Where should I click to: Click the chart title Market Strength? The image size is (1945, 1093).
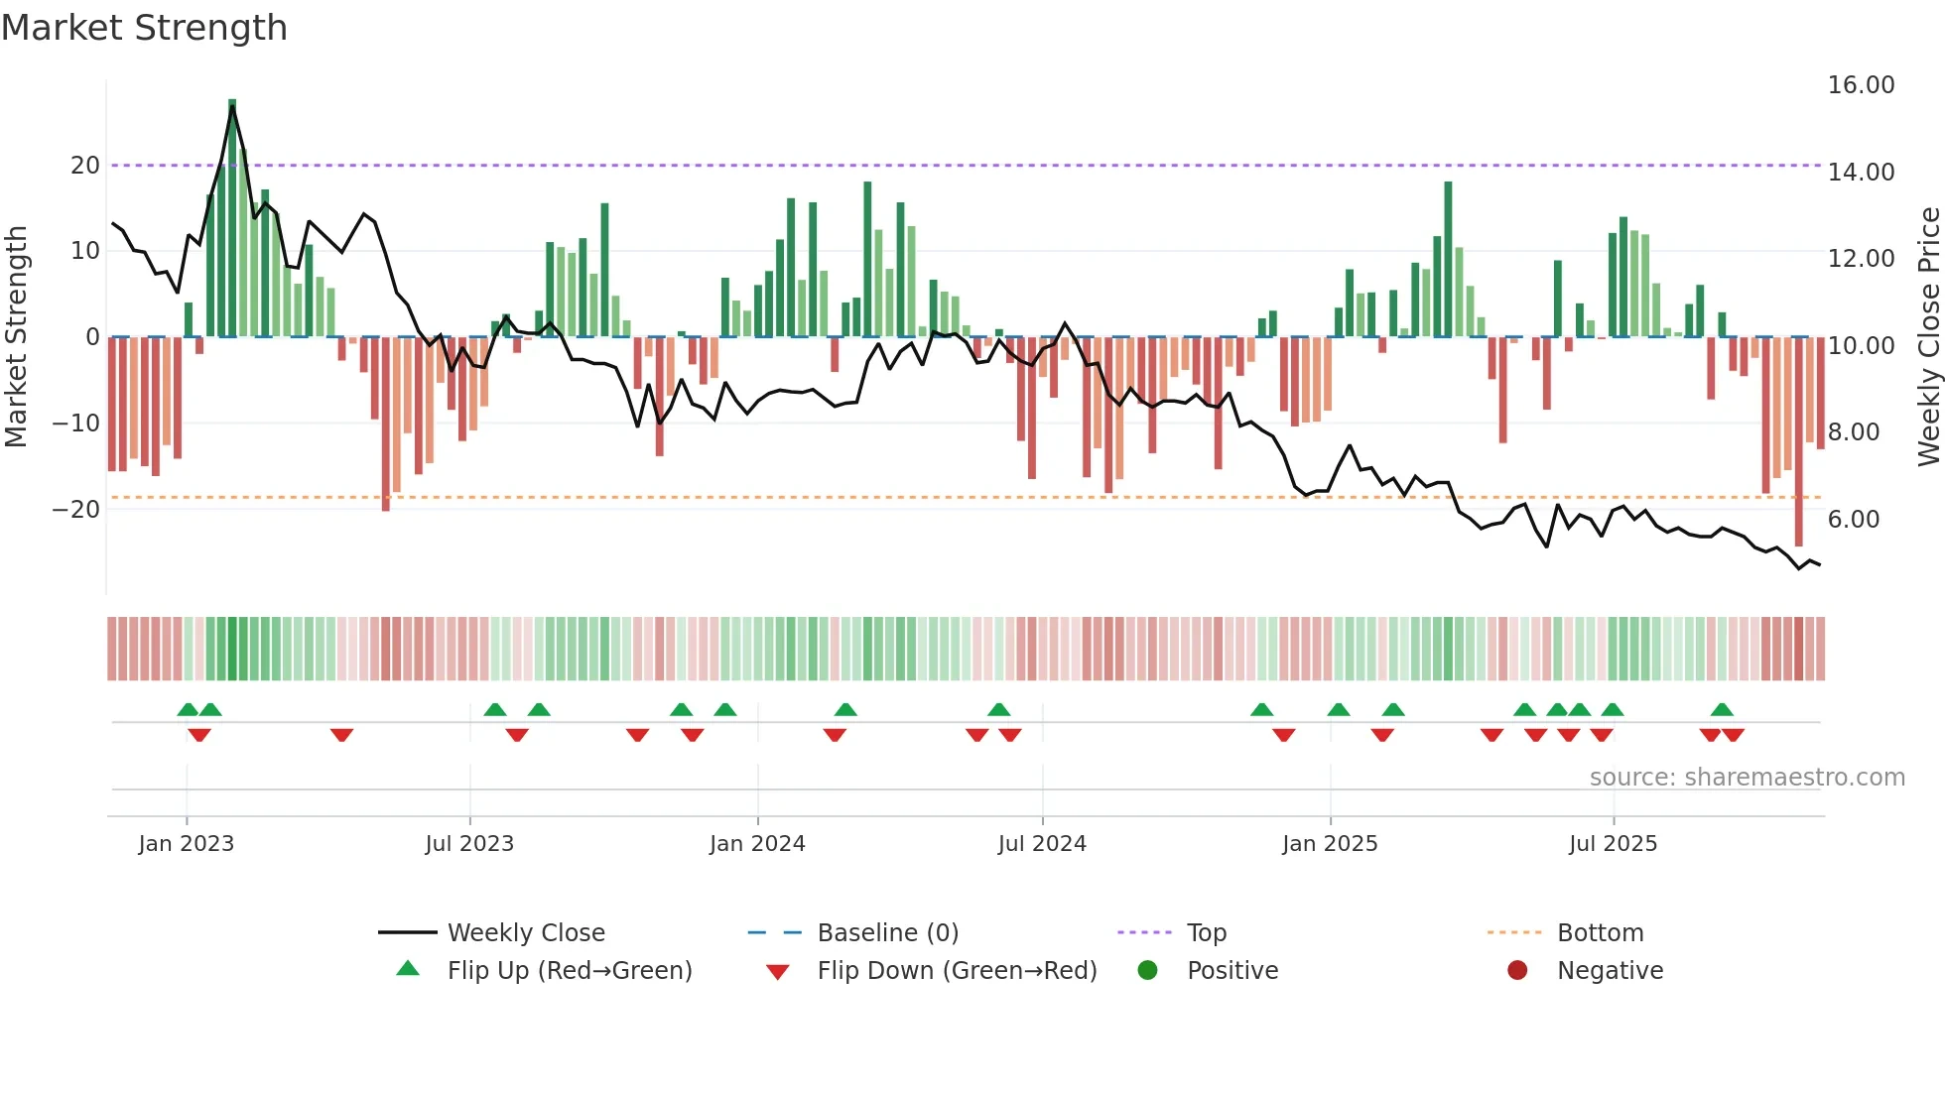click(145, 28)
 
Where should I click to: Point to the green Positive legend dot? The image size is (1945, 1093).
click(1147, 970)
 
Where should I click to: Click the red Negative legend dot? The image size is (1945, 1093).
click(1517, 970)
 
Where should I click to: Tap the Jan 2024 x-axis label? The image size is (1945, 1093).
click(757, 844)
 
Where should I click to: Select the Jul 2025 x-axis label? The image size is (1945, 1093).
click(1613, 844)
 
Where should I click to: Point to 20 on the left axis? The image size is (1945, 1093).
click(85, 166)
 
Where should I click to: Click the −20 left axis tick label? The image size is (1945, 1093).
click(76, 510)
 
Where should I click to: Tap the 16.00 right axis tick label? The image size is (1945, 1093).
click(1861, 85)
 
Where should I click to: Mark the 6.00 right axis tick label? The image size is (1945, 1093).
click(1853, 520)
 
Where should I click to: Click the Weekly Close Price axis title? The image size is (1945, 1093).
click(1928, 337)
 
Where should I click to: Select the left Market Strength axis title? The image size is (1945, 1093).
click(16, 337)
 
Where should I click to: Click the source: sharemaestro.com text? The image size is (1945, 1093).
click(1747, 778)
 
